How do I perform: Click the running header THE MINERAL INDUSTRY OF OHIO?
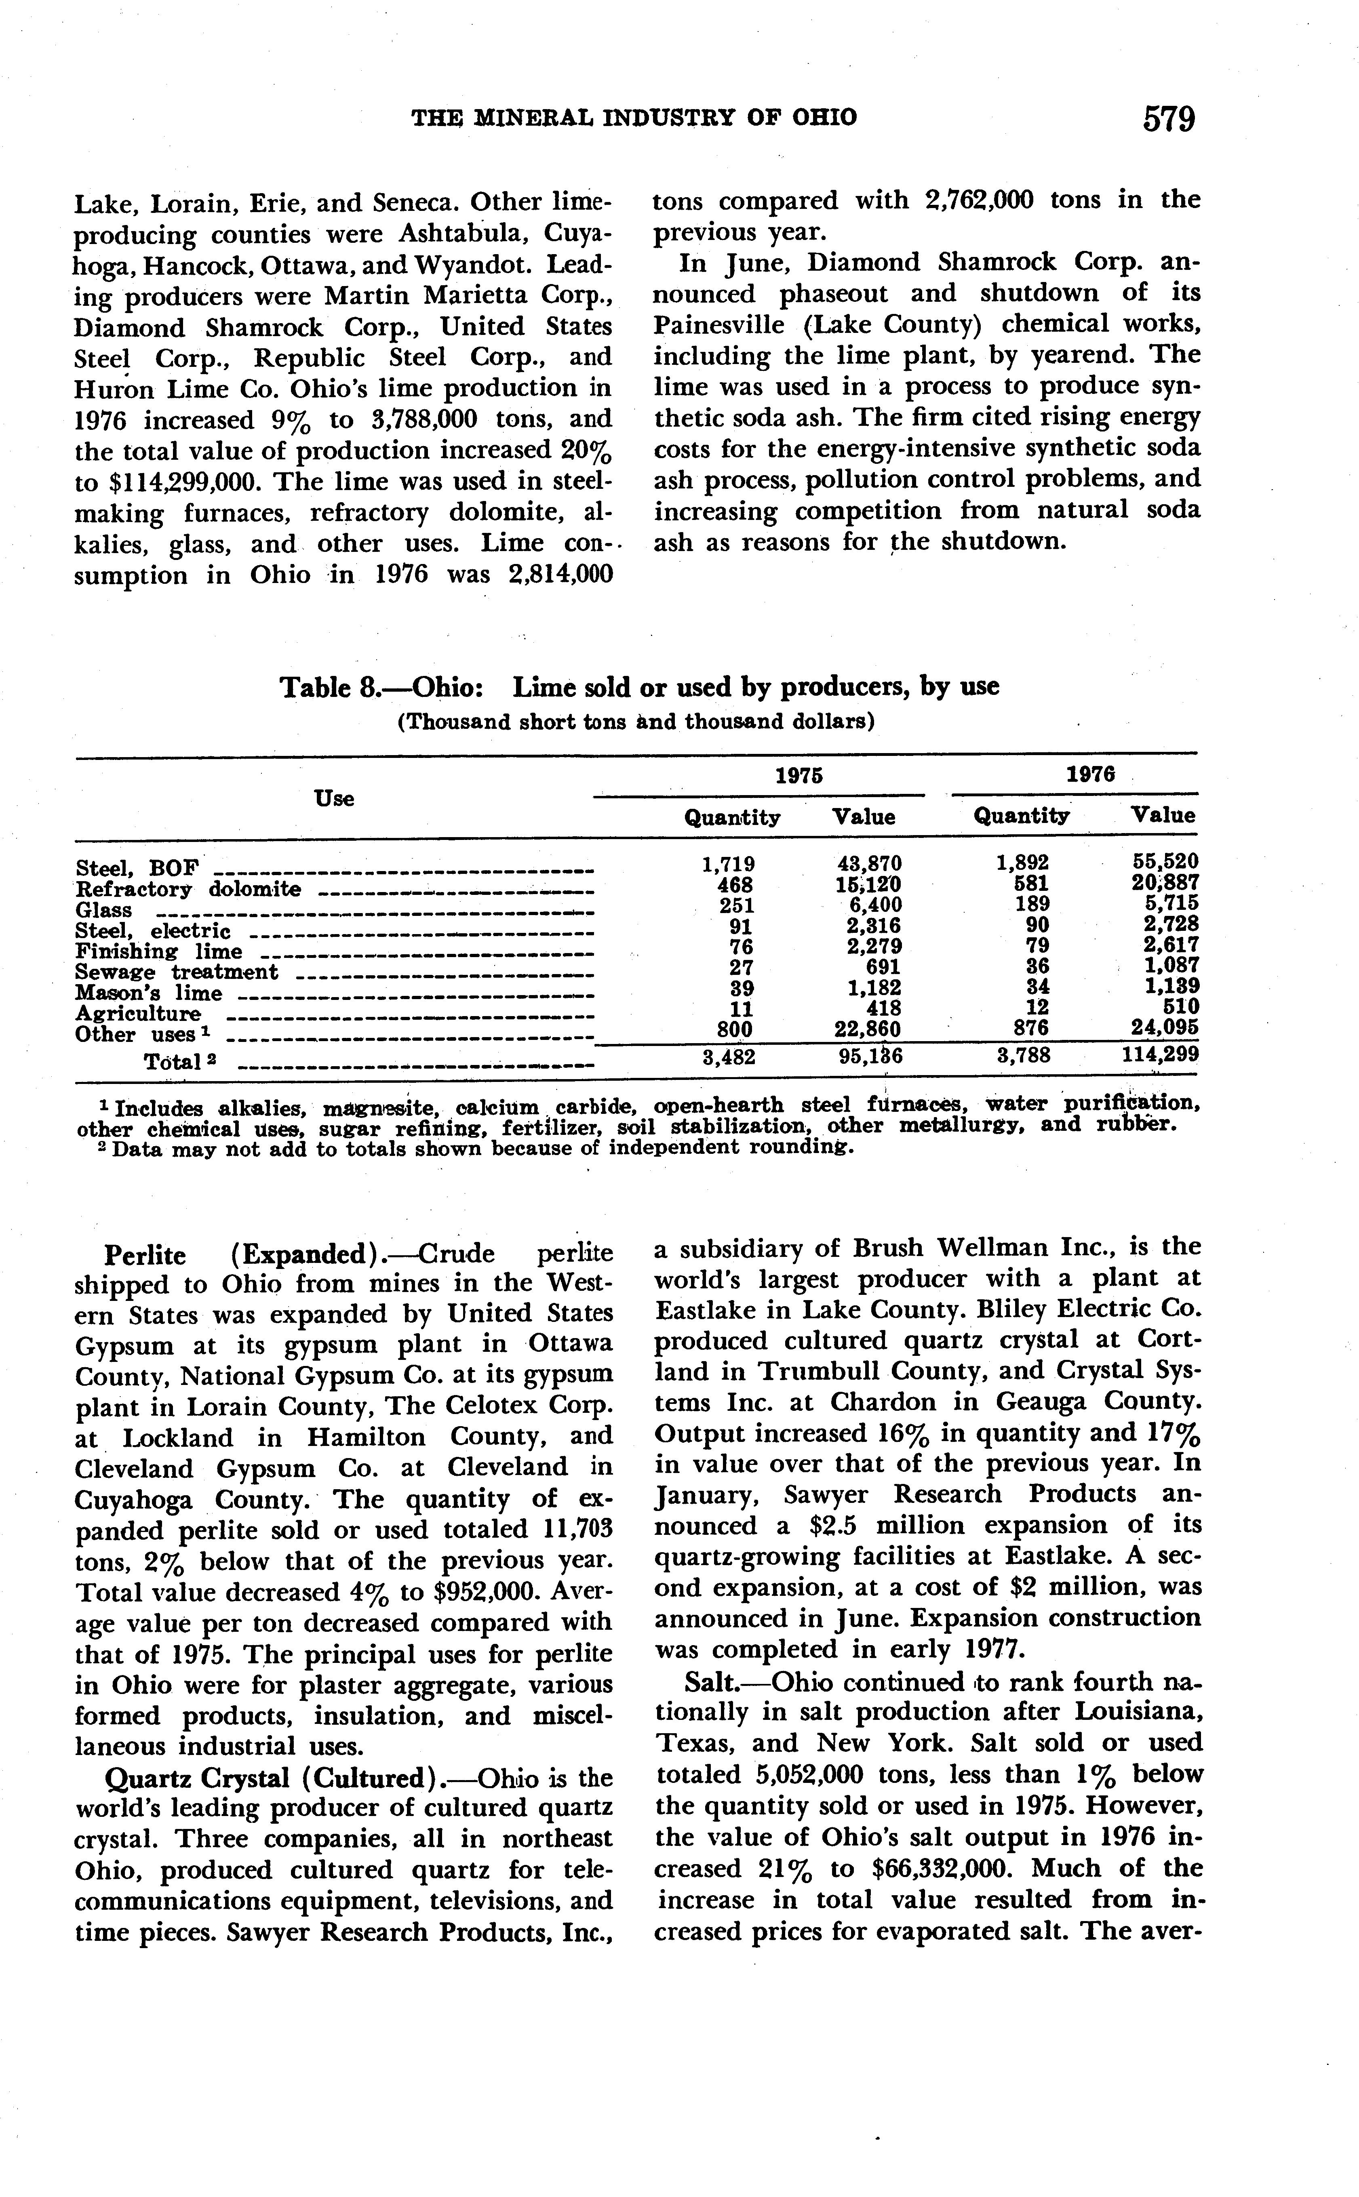[634, 118]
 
